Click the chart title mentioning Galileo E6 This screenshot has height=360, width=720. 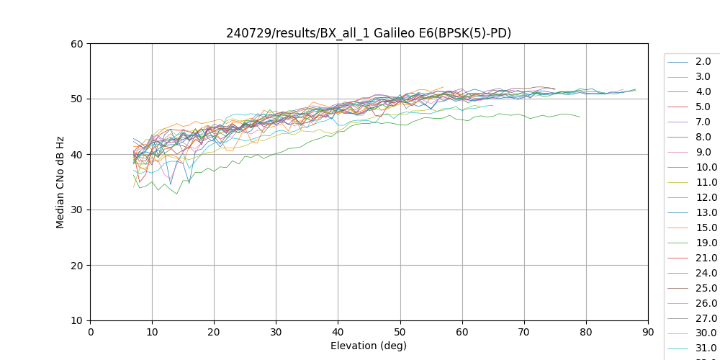click(x=369, y=33)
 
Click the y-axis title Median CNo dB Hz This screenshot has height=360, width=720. click(x=60, y=181)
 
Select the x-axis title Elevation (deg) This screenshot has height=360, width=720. click(x=369, y=346)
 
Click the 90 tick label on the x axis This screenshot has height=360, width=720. click(x=648, y=331)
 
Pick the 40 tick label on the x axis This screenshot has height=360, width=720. click(x=338, y=331)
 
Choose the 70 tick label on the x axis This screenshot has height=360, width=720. click(x=524, y=331)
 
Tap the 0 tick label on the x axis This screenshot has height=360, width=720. click(x=90, y=331)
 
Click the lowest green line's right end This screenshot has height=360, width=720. click(x=580, y=117)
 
